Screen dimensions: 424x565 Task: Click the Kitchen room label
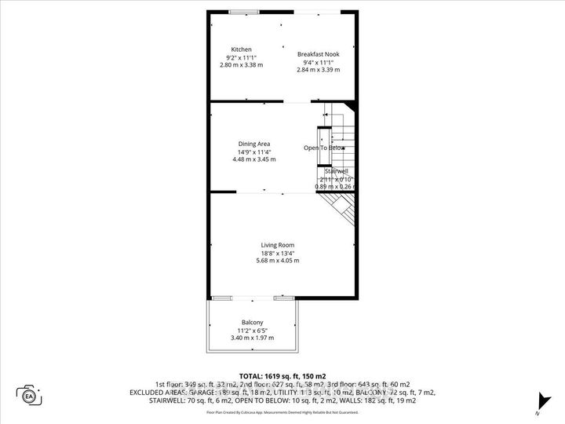241,50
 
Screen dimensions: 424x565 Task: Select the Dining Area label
254,144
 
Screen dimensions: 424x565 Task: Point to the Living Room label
277,245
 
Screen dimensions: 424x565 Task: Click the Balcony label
252,323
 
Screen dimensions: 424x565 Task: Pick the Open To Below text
324,148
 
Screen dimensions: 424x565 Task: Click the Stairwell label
337,170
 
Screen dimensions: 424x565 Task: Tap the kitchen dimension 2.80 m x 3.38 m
241,65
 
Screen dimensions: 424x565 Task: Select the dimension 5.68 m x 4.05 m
277,261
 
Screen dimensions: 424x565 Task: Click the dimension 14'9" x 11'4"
254,152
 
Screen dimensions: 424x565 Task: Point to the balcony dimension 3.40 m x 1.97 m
252,338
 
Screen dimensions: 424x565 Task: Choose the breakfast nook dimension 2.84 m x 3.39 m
319,70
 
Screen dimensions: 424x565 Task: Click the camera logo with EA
29,395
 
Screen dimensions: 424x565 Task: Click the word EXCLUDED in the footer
174,393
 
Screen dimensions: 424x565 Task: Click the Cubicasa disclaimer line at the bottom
282,411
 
